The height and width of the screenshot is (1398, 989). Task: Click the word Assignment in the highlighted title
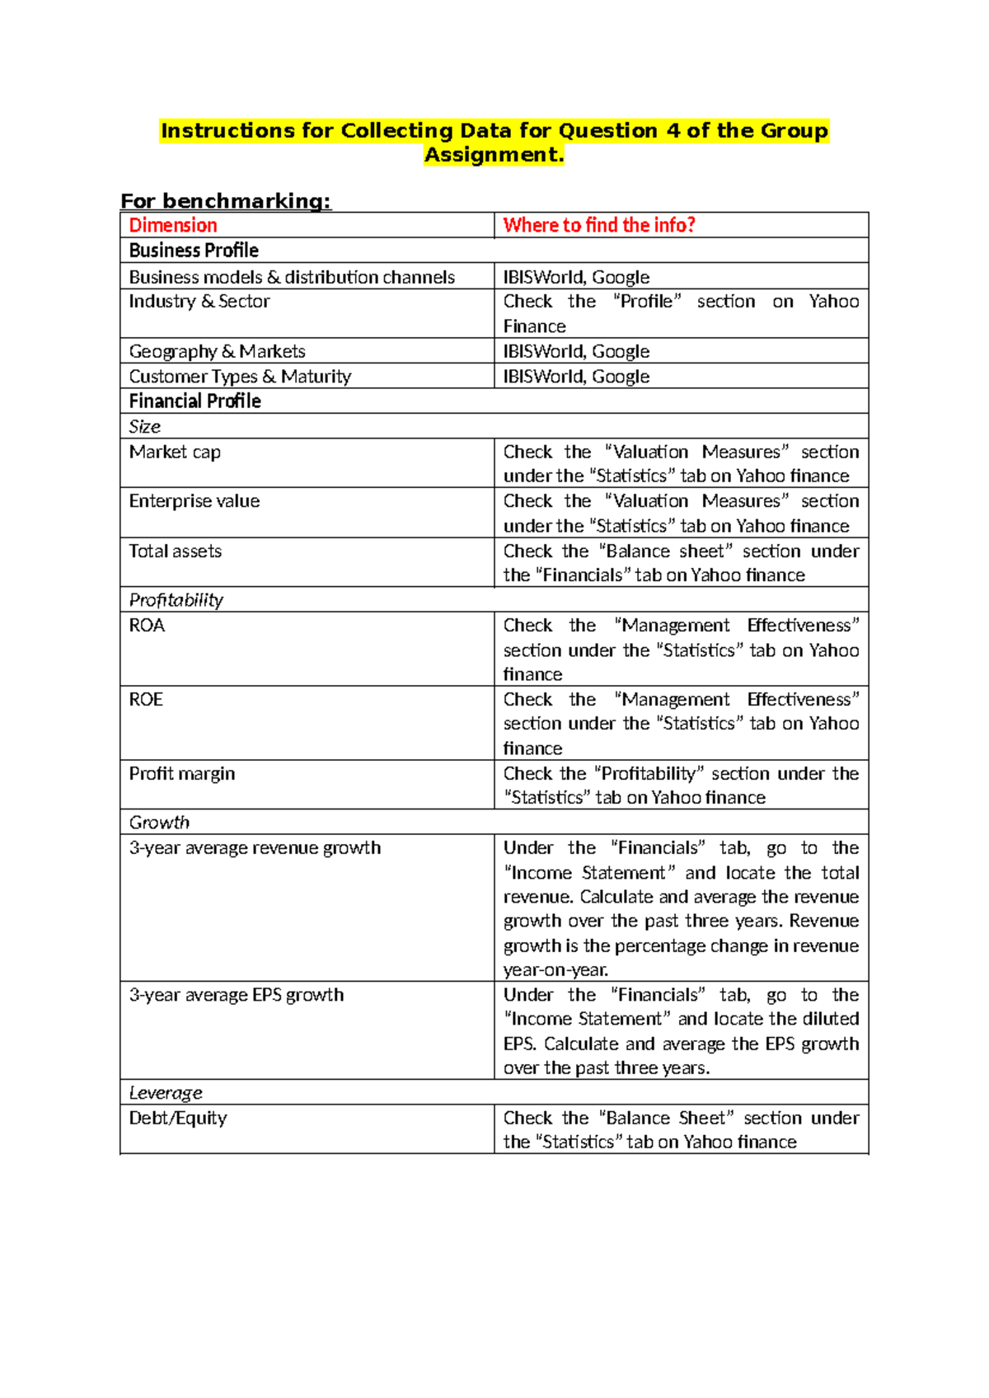(x=493, y=155)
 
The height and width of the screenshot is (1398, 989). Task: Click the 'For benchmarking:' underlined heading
(x=225, y=201)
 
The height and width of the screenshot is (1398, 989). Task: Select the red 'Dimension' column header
(x=173, y=225)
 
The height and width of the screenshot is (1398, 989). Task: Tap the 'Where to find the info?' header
(x=599, y=225)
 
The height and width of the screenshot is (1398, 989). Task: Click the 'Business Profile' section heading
(x=194, y=251)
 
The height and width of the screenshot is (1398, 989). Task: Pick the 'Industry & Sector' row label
(x=199, y=302)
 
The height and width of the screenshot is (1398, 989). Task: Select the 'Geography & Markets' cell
(x=217, y=351)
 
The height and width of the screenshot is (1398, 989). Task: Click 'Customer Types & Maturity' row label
(x=240, y=377)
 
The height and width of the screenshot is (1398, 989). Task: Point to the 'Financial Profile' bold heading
(x=195, y=401)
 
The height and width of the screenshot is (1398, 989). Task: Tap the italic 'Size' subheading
(x=144, y=427)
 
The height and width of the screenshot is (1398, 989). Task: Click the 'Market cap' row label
(x=175, y=452)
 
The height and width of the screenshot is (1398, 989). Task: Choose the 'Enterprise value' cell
(x=194, y=501)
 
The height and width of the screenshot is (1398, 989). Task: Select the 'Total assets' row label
(x=175, y=551)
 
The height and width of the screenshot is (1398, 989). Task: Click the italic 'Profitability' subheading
(x=176, y=600)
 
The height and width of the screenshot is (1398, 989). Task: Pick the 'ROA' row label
(x=147, y=625)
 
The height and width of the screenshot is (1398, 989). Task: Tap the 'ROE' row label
(x=146, y=699)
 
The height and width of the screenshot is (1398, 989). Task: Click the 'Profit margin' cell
(x=181, y=773)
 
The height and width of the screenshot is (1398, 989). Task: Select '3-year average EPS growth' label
(x=236, y=995)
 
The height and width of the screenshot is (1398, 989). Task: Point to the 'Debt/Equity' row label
(x=177, y=1118)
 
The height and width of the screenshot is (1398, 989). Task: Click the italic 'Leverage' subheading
(x=166, y=1093)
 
